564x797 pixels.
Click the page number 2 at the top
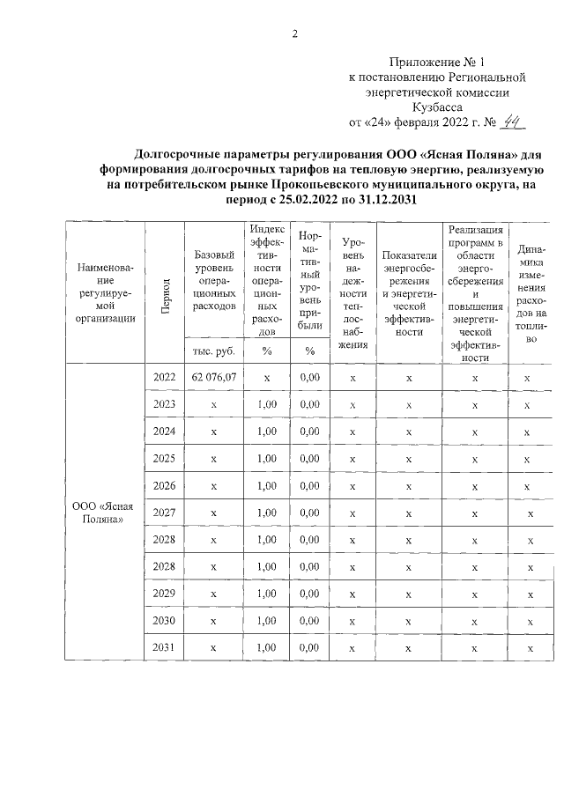pyautogui.click(x=296, y=34)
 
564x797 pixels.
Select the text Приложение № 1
pyautogui.click(x=437, y=62)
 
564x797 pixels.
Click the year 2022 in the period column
pyautogui.click(x=163, y=378)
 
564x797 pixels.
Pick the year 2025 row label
pyautogui.click(x=163, y=459)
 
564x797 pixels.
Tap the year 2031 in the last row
pyautogui.click(x=163, y=647)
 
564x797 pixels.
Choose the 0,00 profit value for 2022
pyautogui.click(x=309, y=378)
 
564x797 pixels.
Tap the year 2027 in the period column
pyautogui.click(x=163, y=513)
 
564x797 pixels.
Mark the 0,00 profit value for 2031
pyautogui.click(x=309, y=647)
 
